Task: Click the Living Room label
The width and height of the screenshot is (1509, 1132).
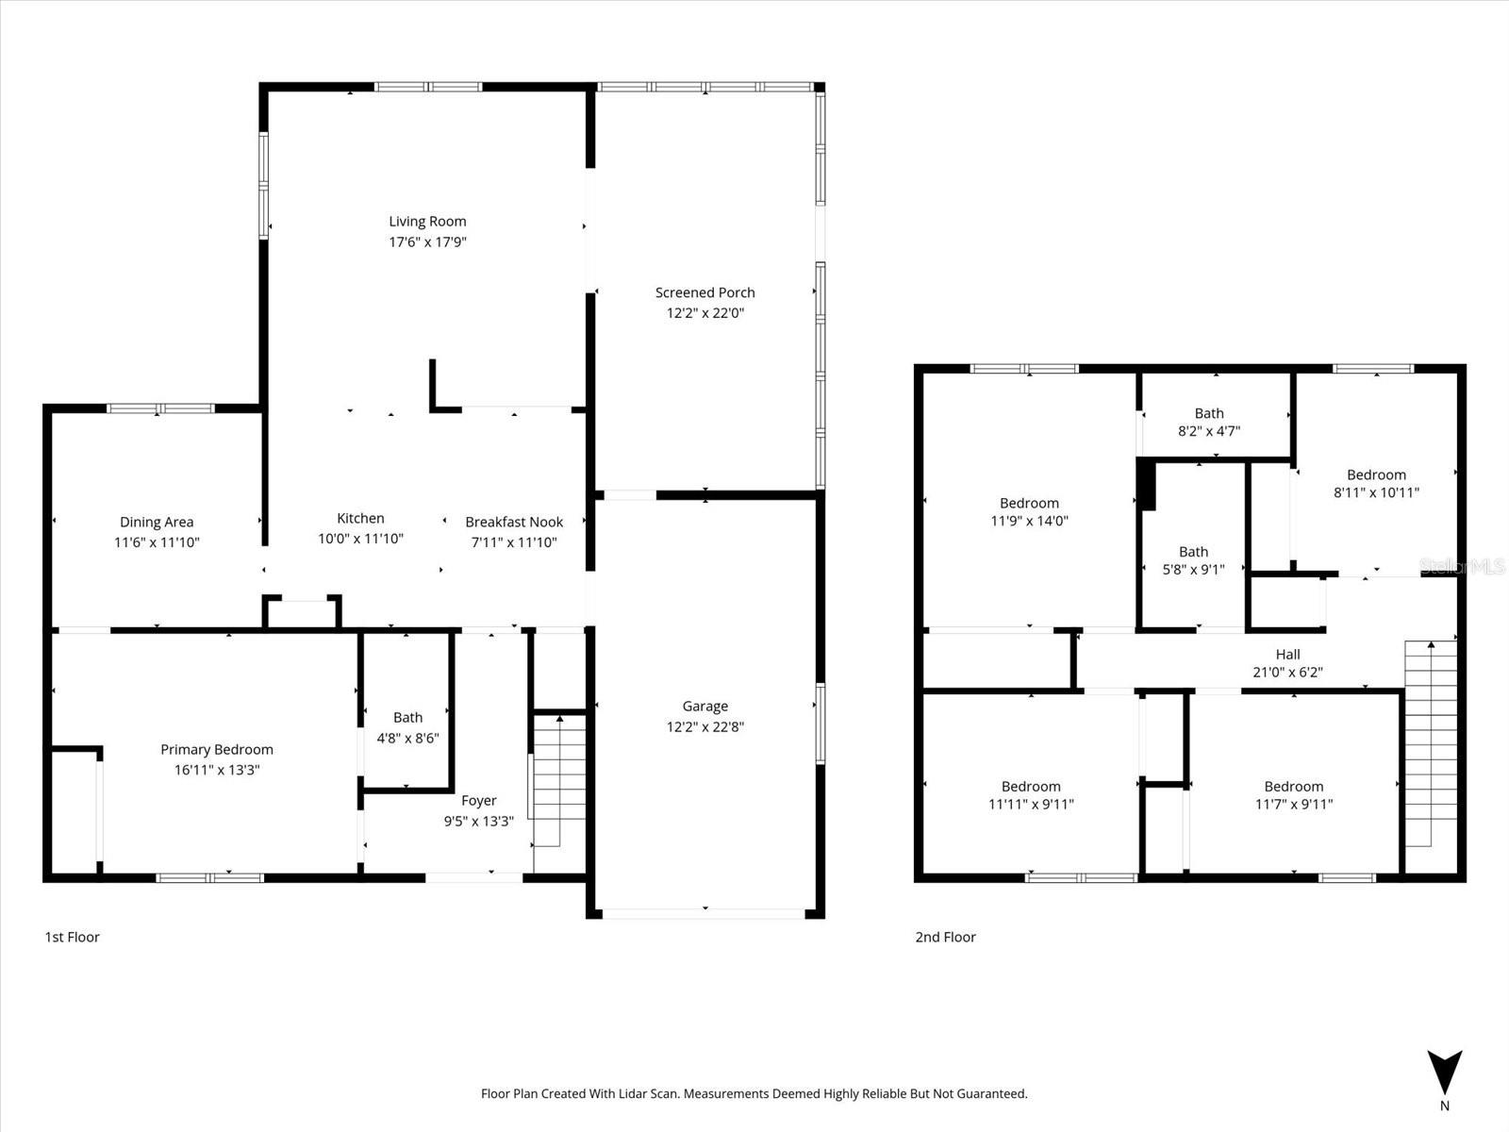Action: tap(427, 222)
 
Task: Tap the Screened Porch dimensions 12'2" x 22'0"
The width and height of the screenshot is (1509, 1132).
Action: tap(705, 313)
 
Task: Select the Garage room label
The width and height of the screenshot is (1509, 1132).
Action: tap(705, 706)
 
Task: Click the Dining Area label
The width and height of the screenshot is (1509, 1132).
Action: tap(157, 522)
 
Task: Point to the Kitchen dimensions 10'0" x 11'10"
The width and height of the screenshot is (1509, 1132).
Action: tap(360, 539)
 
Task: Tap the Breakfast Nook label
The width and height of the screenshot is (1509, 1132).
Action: tap(514, 522)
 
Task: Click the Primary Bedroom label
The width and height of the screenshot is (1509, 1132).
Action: tap(217, 749)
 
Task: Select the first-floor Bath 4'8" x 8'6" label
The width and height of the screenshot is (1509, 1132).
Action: tap(407, 718)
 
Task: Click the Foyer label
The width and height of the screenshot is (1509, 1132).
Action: tap(479, 800)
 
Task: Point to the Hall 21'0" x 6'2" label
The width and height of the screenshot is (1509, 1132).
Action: tap(1287, 663)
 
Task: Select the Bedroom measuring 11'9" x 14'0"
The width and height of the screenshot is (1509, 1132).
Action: tap(1029, 511)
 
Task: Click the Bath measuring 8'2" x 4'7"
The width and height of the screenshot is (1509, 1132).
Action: tap(1209, 422)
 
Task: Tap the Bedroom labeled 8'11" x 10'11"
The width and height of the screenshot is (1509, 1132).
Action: tap(1376, 483)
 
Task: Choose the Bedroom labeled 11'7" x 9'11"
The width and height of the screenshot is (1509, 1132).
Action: tap(1293, 794)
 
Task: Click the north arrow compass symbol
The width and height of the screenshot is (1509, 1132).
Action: tap(1444, 1074)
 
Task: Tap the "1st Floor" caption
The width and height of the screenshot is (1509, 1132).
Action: tap(72, 937)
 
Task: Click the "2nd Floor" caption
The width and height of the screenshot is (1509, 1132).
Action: tap(945, 937)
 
